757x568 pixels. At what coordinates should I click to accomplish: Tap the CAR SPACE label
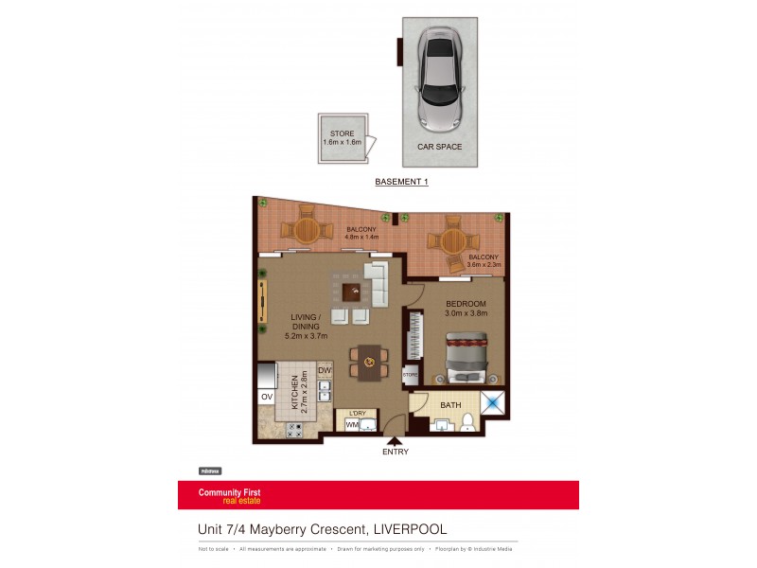click(x=440, y=147)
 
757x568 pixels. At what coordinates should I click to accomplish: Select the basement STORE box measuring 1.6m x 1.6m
click(x=340, y=138)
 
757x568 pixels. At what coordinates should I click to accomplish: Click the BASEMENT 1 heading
click(x=401, y=182)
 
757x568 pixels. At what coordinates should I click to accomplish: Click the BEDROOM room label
click(x=467, y=303)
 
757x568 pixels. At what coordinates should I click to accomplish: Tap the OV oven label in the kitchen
click(x=266, y=397)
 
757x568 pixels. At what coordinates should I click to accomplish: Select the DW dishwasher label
click(x=324, y=370)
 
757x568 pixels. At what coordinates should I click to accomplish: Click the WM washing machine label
click(x=352, y=425)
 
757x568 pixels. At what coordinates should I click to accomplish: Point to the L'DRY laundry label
click(x=358, y=413)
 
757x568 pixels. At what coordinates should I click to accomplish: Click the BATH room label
click(x=450, y=405)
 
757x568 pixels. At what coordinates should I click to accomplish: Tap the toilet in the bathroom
click(x=467, y=422)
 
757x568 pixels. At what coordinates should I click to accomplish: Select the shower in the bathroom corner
click(x=493, y=403)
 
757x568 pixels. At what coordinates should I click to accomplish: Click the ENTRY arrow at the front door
click(x=394, y=440)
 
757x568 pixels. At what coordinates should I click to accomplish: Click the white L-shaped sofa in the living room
click(x=377, y=283)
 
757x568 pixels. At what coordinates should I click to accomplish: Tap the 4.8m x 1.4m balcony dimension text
click(x=361, y=238)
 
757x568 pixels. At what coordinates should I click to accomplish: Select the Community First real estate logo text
click(x=229, y=495)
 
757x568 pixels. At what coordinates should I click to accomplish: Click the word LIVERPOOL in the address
click(x=410, y=529)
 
